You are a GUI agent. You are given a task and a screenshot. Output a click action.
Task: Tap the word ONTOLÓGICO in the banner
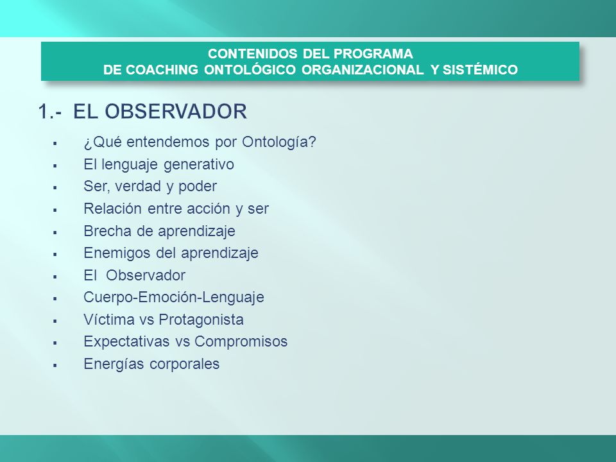pyautogui.click(x=250, y=69)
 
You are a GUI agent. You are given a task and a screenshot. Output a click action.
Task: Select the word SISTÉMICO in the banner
pyautogui.click(x=480, y=69)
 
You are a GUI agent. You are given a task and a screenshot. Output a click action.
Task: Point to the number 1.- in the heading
pyautogui.click(x=50, y=111)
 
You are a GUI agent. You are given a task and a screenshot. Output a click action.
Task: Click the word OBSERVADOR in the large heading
pyautogui.click(x=176, y=111)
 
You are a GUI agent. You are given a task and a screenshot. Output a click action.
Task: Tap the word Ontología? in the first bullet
pyautogui.click(x=279, y=142)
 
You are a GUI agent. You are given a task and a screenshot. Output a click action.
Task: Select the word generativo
pyautogui.click(x=198, y=165)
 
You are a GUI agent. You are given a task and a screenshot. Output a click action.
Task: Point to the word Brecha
pyautogui.click(x=108, y=231)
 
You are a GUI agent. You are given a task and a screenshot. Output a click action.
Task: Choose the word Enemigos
pyautogui.click(x=117, y=253)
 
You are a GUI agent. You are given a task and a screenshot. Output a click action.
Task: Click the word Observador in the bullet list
pyautogui.click(x=146, y=275)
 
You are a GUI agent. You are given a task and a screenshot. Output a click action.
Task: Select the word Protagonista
pyautogui.click(x=201, y=320)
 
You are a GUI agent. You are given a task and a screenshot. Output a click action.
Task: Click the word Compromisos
pyautogui.click(x=241, y=341)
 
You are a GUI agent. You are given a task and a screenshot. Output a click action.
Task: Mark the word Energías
pyautogui.click(x=114, y=364)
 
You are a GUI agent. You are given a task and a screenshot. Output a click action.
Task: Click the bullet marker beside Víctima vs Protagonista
pyautogui.click(x=55, y=321)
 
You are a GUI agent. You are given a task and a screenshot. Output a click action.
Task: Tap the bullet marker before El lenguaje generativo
pyautogui.click(x=55, y=166)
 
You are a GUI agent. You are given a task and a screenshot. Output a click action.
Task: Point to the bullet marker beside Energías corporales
pyautogui.click(x=55, y=365)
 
